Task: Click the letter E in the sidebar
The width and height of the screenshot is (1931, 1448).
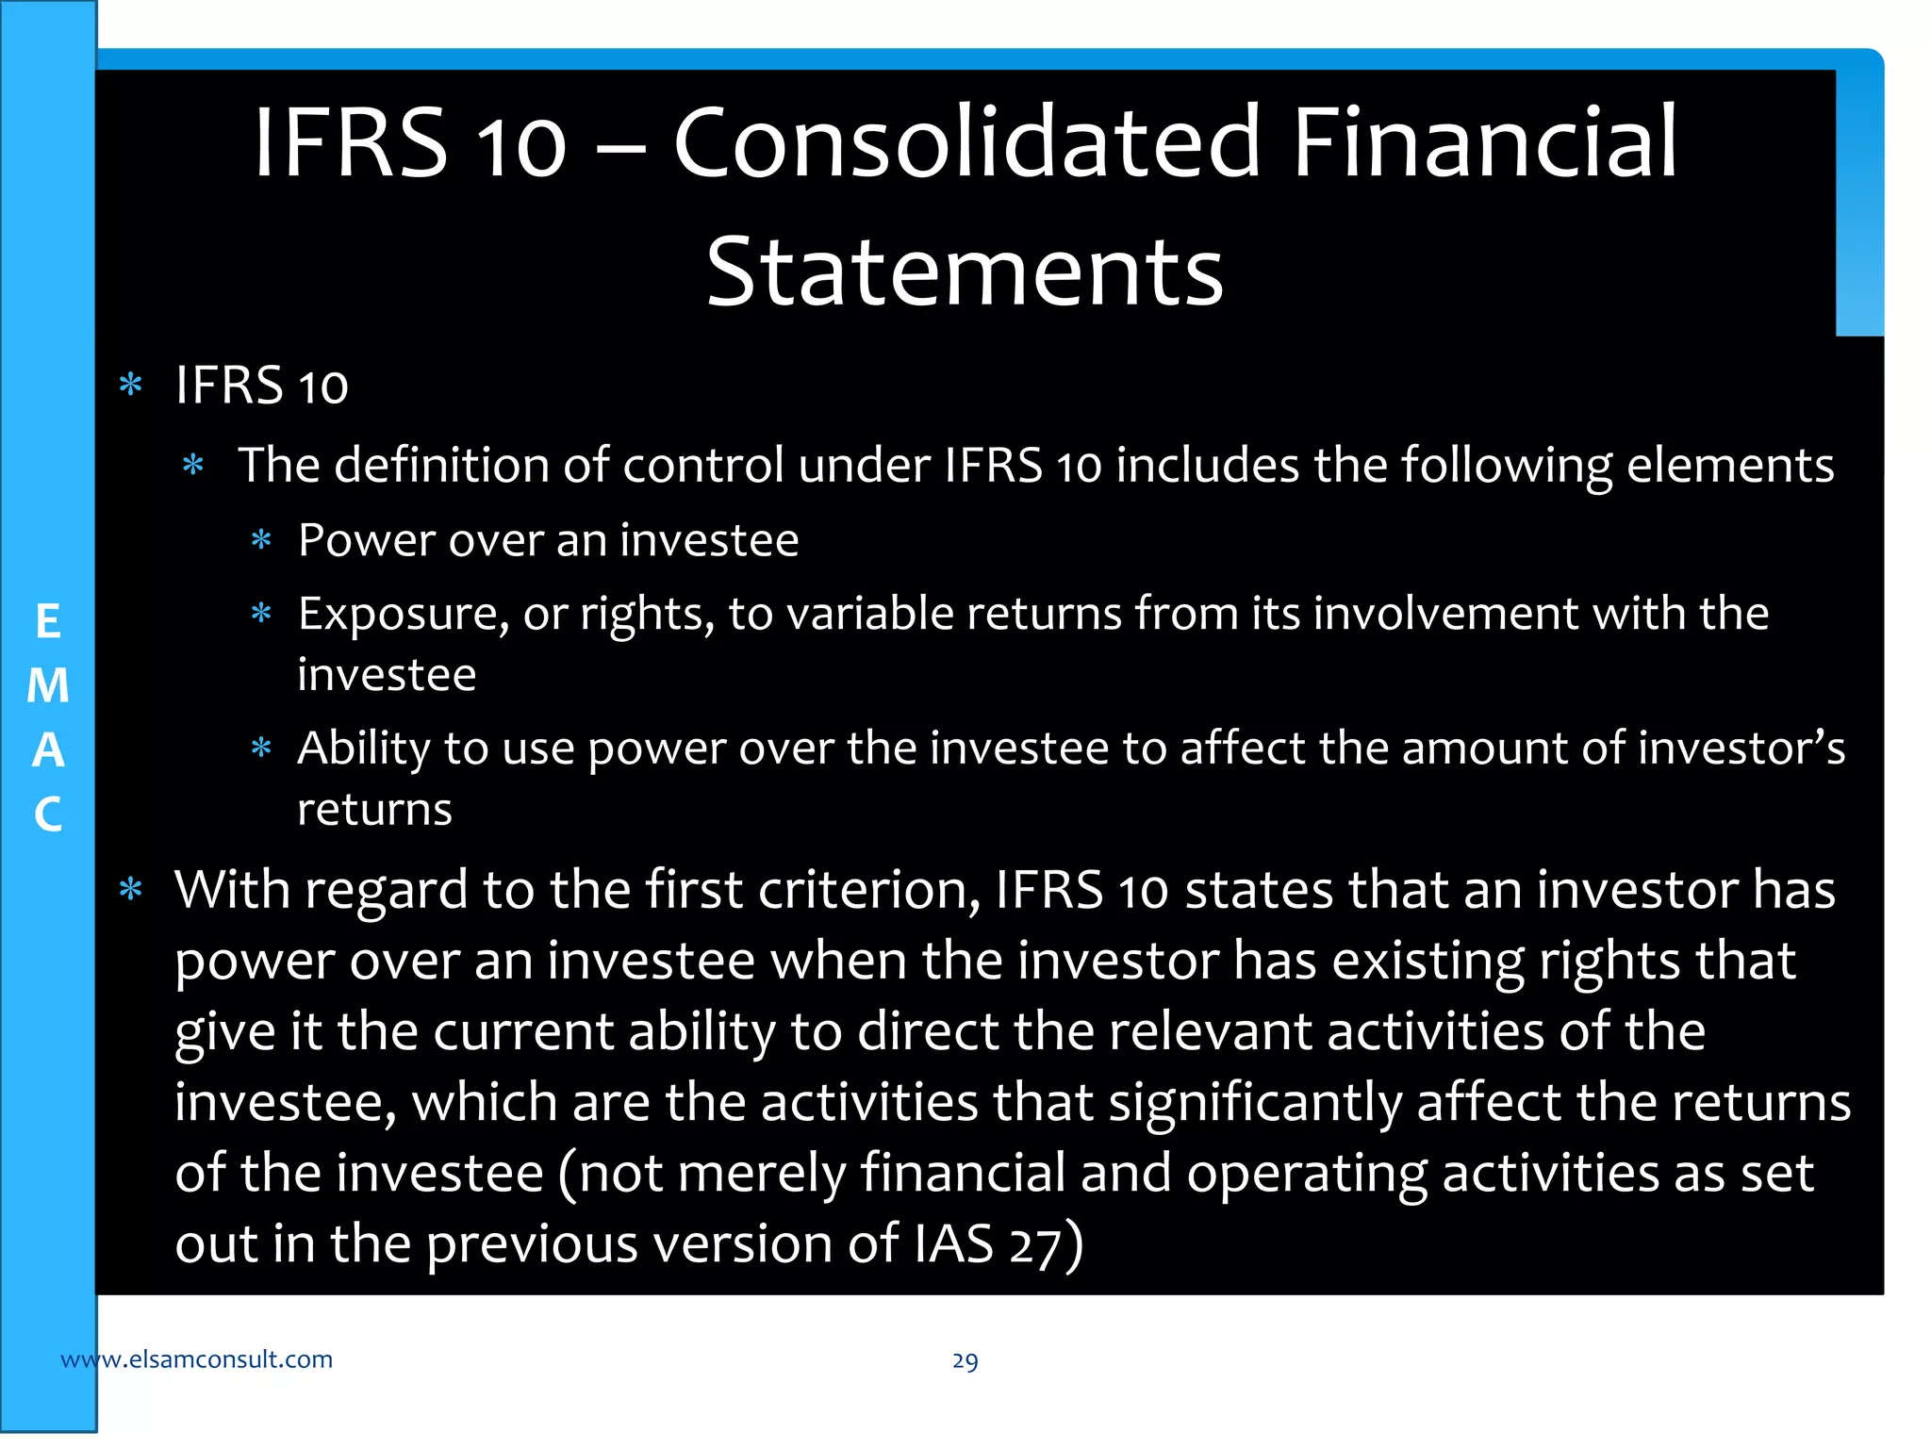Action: point(48,622)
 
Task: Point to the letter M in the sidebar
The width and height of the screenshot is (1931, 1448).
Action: point(48,685)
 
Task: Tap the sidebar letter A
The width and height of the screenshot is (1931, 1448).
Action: point(48,750)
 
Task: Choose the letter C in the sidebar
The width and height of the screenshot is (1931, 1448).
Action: point(48,814)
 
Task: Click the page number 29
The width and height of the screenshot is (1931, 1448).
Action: point(965,1360)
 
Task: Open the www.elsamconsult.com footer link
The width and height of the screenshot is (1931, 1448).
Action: point(196,1358)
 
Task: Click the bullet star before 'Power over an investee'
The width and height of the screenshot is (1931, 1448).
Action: point(261,540)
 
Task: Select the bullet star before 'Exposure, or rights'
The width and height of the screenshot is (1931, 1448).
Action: point(261,615)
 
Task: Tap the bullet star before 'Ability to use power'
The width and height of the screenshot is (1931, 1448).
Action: point(261,749)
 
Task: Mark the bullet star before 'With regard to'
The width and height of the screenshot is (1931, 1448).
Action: point(131,890)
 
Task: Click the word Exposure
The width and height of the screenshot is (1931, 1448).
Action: point(397,615)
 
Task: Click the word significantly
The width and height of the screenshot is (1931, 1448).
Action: point(1255,1102)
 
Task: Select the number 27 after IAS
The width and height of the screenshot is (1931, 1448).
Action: point(1034,1244)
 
